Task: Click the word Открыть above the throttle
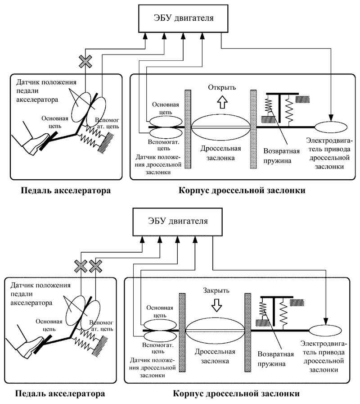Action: [x=222, y=87]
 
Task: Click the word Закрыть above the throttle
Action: [x=216, y=291]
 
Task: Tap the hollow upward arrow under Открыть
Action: [x=222, y=102]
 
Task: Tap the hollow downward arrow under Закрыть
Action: [x=216, y=305]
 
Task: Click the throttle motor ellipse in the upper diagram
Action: [x=331, y=127]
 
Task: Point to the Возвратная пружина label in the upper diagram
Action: [x=281, y=156]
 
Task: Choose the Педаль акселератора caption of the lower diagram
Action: [x=60, y=394]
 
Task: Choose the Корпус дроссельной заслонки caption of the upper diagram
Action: [x=242, y=191]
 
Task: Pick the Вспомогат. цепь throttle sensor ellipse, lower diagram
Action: [x=160, y=336]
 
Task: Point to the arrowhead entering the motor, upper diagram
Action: [x=331, y=118]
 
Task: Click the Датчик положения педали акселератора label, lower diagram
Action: [x=40, y=294]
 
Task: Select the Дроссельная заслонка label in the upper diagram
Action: [x=220, y=153]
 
